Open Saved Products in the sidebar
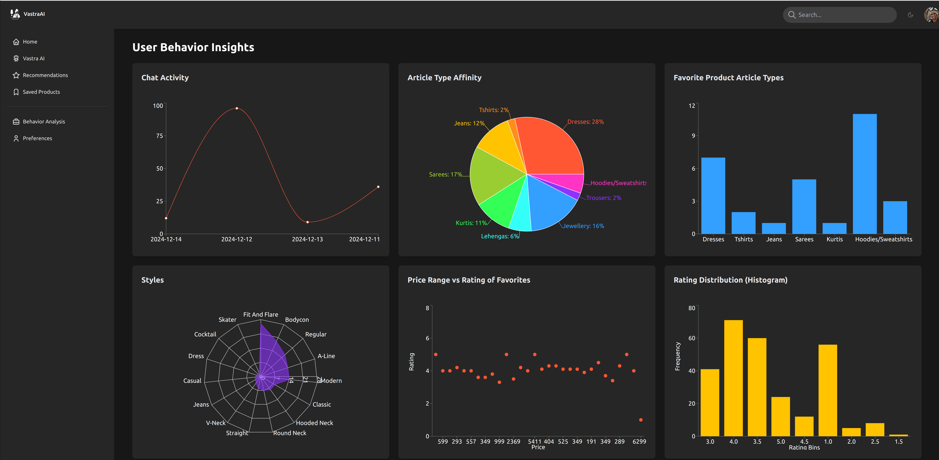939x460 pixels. tap(41, 92)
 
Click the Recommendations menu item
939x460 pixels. tap(45, 75)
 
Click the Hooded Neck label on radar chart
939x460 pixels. tap(314, 423)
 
